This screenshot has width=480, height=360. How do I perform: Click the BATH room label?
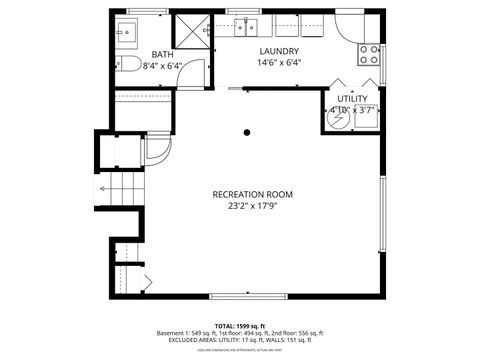pos(162,54)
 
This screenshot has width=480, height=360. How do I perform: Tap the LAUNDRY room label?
pos(280,51)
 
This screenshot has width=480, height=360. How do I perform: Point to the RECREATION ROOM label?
pos(252,194)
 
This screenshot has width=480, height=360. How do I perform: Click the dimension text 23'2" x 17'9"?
pos(252,206)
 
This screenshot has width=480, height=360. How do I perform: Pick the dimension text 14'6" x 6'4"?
pos(280,62)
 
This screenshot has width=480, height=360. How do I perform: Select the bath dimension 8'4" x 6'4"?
pos(163,65)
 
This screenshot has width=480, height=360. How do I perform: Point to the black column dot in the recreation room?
pos(246,131)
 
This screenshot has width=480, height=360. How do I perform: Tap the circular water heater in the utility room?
pos(338,118)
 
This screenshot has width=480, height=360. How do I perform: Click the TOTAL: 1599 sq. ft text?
pos(240,326)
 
